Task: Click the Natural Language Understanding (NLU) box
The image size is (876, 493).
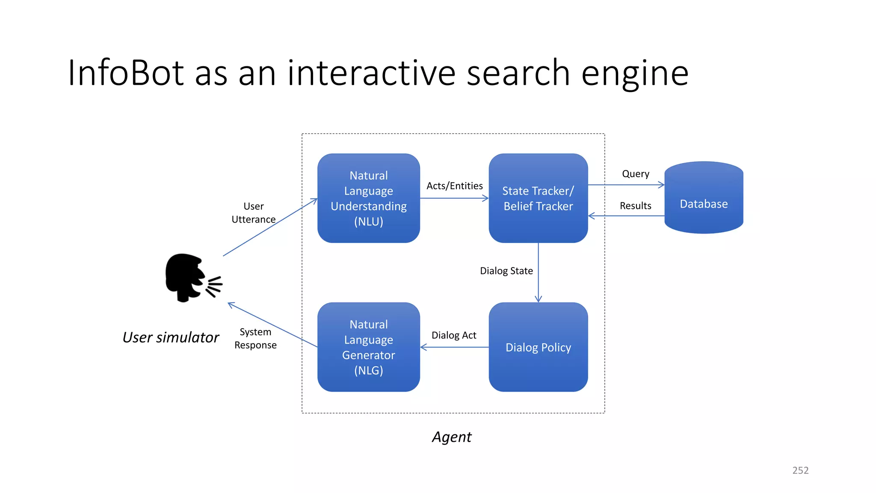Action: point(368,198)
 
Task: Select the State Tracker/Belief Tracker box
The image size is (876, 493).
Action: point(538,198)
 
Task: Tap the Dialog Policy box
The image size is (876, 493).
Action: point(538,347)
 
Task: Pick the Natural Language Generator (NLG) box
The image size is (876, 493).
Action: point(368,347)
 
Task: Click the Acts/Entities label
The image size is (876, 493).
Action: point(454,186)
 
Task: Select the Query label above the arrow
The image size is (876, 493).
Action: point(635,174)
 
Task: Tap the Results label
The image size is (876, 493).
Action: point(635,206)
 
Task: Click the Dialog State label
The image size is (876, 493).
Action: point(506,271)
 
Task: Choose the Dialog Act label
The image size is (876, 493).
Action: point(453,335)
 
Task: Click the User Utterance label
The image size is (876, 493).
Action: point(254,213)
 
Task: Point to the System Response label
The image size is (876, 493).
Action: point(255,339)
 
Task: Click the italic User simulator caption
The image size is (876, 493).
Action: point(171,337)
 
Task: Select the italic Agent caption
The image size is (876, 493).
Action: point(452,437)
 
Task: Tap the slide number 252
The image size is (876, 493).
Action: point(800,470)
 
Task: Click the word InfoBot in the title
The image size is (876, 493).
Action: point(126,73)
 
